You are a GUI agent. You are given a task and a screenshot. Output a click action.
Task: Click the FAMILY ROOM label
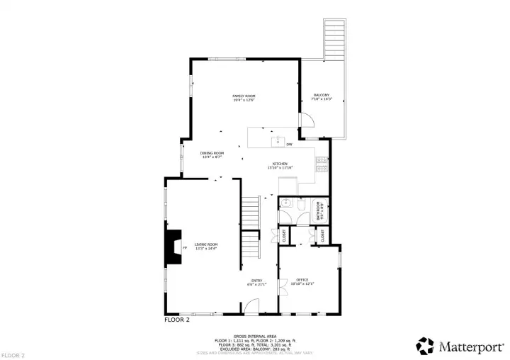click(244, 96)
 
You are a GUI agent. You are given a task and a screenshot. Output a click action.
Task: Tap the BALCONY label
click(322, 96)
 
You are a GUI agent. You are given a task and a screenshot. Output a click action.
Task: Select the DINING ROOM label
click(212, 153)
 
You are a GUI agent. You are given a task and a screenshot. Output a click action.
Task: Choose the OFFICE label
click(302, 280)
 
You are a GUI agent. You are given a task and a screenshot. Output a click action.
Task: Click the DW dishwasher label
click(289, 145)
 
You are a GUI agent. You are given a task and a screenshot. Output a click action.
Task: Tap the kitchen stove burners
click(322, 164)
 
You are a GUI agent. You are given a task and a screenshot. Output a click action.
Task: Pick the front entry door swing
click(251, 306)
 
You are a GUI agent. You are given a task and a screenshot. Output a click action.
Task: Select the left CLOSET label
click(284, 237)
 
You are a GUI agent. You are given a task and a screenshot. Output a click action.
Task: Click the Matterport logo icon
click(425, 346)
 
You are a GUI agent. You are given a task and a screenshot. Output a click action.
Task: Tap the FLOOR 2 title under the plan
click(177, 320)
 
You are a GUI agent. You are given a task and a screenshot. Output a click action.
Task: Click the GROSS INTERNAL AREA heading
click(254, 336)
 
